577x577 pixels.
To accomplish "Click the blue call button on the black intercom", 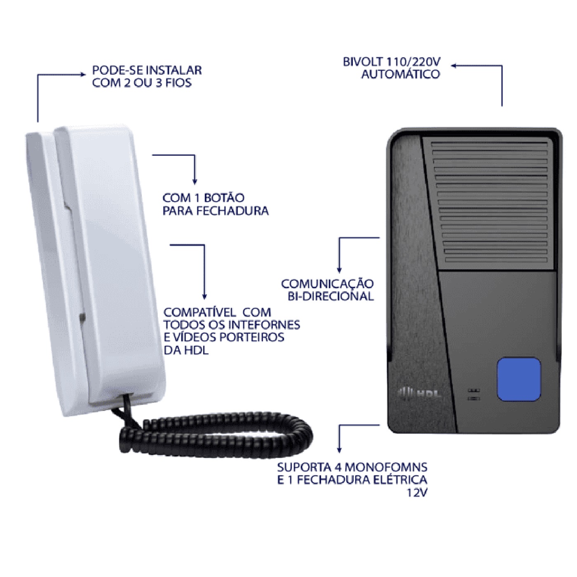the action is coord(519,379).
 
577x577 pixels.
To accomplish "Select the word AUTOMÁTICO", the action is coord(401,74).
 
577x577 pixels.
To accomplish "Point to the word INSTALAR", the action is coord(174,70).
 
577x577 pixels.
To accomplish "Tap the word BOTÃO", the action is coord(224,198).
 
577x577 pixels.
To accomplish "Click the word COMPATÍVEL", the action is coord(199,312).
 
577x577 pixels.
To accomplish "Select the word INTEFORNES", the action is coord(265,325).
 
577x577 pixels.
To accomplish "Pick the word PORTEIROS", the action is coord(252,338).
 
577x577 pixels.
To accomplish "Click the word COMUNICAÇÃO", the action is coord(327,284).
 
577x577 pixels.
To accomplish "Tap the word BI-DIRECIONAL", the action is coord(331,296).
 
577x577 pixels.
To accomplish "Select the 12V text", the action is coord(417,493).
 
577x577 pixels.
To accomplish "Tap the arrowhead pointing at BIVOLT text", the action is coord(454,66).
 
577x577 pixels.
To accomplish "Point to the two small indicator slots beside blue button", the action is coord(474,394).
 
